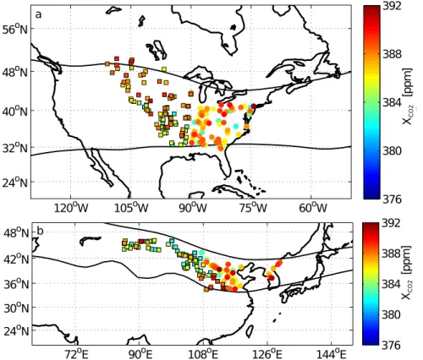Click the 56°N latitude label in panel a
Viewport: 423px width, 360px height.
15,29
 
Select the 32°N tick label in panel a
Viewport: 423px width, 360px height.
15,148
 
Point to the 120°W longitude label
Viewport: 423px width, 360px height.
71,209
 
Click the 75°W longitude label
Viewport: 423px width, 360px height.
252,209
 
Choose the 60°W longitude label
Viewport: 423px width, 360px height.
312,209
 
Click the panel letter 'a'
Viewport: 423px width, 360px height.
38,14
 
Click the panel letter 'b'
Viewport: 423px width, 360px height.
41,231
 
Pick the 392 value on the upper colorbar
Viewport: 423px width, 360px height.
393,6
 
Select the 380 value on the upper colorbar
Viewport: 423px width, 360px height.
393,151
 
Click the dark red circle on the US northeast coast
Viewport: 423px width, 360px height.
254,106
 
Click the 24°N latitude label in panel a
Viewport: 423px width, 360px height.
15,183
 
